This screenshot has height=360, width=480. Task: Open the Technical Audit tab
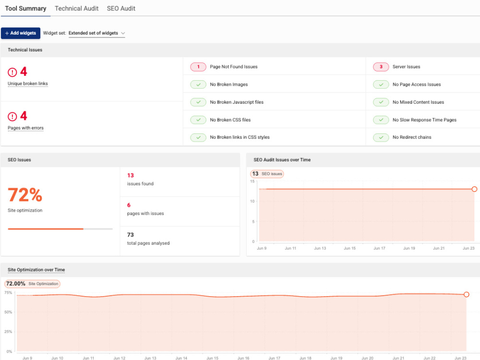pyautogui.click(x=76, y=9)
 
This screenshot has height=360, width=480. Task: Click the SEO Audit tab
pyautogui.click(x=121, y=9)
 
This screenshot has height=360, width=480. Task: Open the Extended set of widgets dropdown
pyautogui.click(x=97, y=33)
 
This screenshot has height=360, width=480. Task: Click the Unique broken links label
pyautogui.click(x=28, y=84)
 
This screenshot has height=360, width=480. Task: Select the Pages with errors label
pyautogui.click(x=26, y=128)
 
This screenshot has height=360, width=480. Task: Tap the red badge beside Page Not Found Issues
pyautogui.click(x=198, y=67)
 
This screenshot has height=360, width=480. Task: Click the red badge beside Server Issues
pyautogui.click(x=381, y=67)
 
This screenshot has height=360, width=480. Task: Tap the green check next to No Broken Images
pyautogui.click(x=198, y=84)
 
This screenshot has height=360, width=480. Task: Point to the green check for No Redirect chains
pyautogui.click(x=381, y=137)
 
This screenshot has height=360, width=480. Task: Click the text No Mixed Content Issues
pyautogui.click(x=418, y=102)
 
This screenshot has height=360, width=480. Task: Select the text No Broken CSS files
pyautogui.click(x=230, y=120)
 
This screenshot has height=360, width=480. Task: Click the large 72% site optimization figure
pyautogui.click(x=25, y=195)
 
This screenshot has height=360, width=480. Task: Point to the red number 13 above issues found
pyautogui.click(x=131, y=175)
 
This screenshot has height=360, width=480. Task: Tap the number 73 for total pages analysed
pyautogui.click(x=131, y=235)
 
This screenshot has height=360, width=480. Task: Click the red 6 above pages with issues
pyautogui.click(x=129, y=205)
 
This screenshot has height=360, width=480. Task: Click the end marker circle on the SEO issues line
pyautogui.click(x=474, y=189)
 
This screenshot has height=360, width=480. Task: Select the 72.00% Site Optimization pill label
pyautogui.click(x=32, y=284)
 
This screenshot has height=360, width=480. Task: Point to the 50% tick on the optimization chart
pyautogui.click(x=8, y=312)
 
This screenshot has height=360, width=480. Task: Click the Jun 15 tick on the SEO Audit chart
pyautogui.click(x=349, y=248)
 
